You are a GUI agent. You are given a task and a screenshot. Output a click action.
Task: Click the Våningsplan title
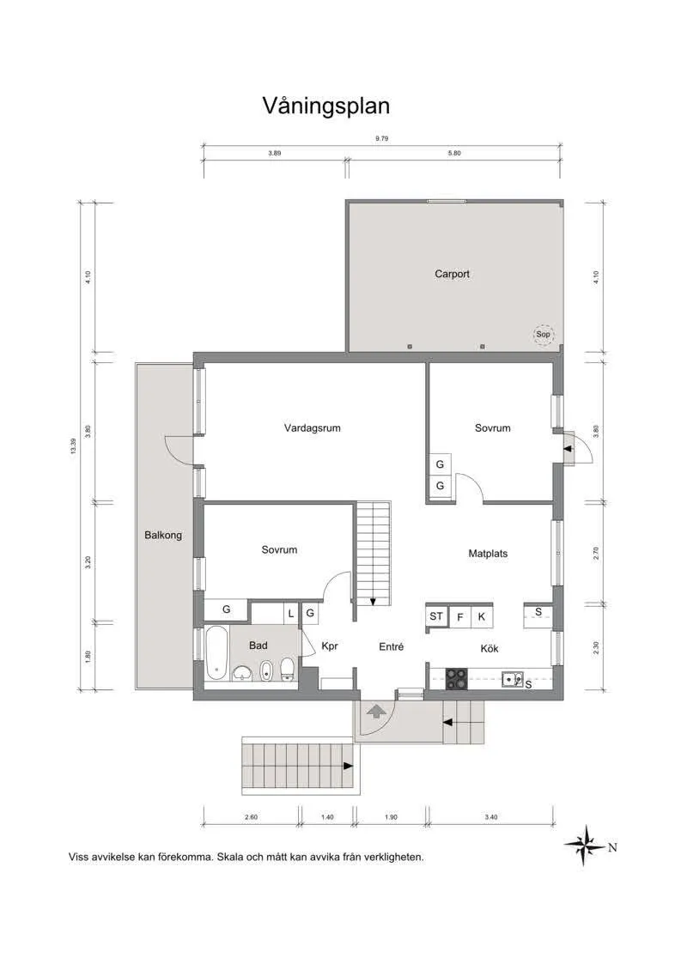pyautogui.click(x=325, y=106)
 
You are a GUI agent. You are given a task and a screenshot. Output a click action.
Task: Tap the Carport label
pyautogui.click(x=452, y=275)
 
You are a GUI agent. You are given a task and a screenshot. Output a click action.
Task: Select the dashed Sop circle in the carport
pyautogui.click(x=542, y=335)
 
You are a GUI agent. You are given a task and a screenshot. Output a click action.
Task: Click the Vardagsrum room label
pyautogui.click(x=313, y=427)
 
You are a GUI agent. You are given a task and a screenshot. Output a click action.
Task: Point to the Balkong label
pyautogui.click(x=163, y=535)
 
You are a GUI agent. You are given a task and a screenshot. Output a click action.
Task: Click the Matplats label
pyautogui.click(x=488, y=554)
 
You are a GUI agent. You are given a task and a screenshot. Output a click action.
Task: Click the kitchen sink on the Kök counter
pyautogui.click(x=514, y=679)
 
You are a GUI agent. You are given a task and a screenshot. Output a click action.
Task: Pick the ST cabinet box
pyautogui.click(x=436, y=616)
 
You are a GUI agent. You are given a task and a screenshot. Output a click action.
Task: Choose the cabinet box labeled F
pyautogui.click(x=460, y=616)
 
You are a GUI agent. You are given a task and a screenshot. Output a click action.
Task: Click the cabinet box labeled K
pyautogui.click(x=482, y=616)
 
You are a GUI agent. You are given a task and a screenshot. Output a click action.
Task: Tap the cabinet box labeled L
pyautogui.click(x=291, y=613)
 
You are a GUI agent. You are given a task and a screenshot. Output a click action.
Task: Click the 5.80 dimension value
pyautogui.click(x=454, y=153)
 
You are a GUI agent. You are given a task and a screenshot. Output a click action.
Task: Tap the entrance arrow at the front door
pyautogui.click(x=375, y=710)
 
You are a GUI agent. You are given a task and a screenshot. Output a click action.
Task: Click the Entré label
pyautogui.click(x=391, y=647)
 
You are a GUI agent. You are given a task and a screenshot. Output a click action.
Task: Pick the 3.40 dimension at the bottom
pyautogui.click(x=491, y=817)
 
